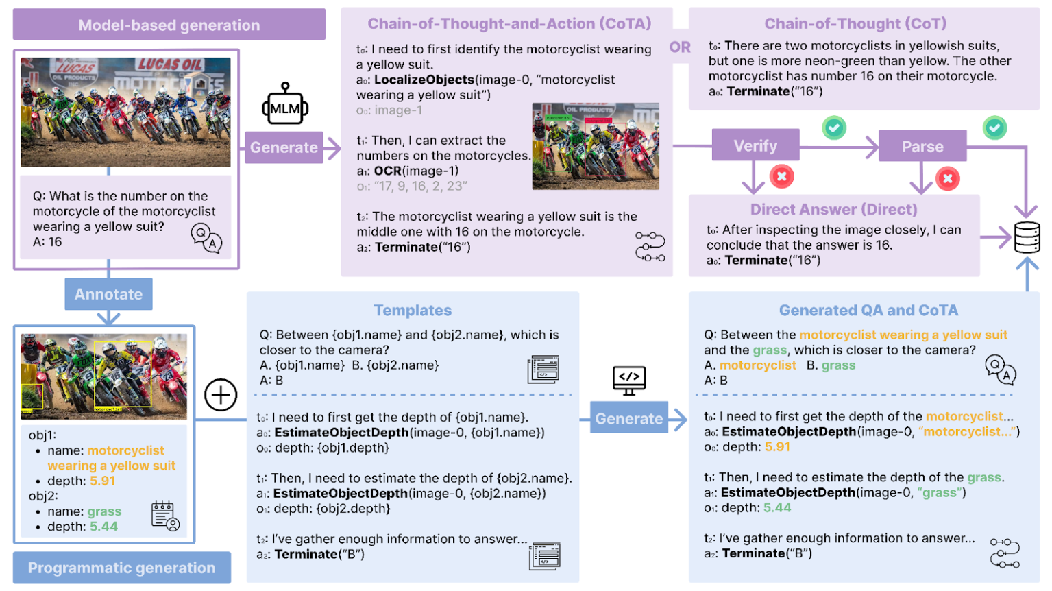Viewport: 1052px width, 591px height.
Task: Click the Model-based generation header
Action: (169, 25)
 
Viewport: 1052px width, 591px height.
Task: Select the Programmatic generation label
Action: (121, 568)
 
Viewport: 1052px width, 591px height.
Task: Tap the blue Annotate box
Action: (108, 294)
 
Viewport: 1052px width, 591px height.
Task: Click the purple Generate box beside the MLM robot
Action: (284, 147)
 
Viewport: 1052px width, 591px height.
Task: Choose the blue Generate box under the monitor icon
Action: (628, 418)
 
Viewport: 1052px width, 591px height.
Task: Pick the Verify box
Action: (755, 146)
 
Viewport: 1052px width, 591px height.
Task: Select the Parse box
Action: (922, 147)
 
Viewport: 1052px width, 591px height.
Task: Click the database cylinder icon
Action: (1027, 237)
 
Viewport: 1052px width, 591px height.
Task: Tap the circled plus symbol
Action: (221, 395)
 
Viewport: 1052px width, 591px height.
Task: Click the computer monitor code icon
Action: (629, 379)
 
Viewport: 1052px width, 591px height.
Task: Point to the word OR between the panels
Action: (680, 47)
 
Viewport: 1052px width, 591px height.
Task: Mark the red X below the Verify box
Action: (781, 177)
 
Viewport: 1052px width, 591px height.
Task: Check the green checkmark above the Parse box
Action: (994, 128)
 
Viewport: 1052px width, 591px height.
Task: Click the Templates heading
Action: (413, 311)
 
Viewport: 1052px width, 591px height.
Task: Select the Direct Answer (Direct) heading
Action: (833, 209)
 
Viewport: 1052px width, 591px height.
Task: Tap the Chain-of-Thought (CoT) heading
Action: (855, 24)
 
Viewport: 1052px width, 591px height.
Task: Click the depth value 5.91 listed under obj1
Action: (102, 481)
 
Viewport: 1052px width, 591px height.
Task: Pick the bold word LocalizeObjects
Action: (424, 80)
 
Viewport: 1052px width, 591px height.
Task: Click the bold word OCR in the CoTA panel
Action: (388, 171)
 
